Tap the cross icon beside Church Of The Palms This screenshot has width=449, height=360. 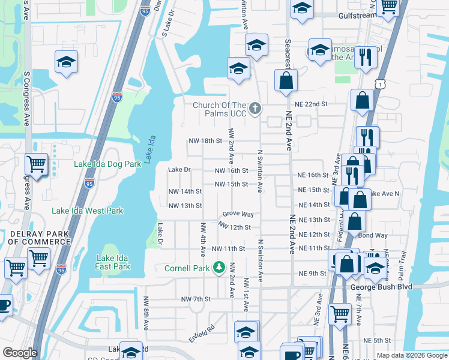coord(255,109)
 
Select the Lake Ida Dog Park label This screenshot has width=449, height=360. coord(107,163)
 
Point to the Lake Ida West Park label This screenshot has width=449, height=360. coord(87,211)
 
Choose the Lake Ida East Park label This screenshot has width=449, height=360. coord(113,262)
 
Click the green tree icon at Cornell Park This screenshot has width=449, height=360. coord(220,266)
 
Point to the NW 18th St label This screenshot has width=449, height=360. coord(205,140)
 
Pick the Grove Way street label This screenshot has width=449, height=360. coord(238,214)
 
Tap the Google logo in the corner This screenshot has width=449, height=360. coord(19,353)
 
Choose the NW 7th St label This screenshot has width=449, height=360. coord(196,299)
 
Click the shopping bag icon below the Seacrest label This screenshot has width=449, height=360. coord(286,80)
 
